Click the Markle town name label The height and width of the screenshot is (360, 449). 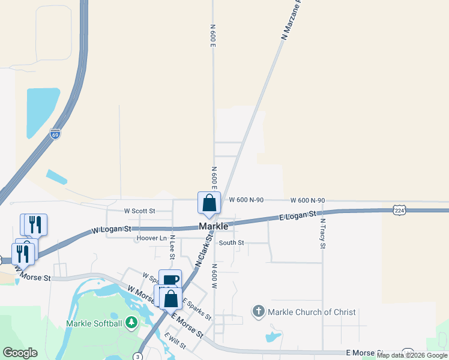click(213, 226)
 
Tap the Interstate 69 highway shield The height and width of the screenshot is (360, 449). click(55, 136)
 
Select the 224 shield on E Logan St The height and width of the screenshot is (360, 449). click(400, 209)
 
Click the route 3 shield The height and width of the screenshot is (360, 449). click(139, 356)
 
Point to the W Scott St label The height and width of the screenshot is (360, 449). click(139, 211)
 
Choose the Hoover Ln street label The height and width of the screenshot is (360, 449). click(152, 238)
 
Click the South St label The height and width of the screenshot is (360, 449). click(231, 242)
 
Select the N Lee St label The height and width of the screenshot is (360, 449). click(172, 247)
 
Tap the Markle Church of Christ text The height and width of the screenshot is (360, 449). click(312, 312)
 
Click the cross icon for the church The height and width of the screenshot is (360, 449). click(258, 311)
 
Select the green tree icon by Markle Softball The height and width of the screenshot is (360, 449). click(131, 323)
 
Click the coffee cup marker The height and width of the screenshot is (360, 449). click(170, 280)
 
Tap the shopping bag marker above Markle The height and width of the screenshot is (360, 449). click(209, 203)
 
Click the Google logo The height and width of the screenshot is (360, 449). click(20, 353)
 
